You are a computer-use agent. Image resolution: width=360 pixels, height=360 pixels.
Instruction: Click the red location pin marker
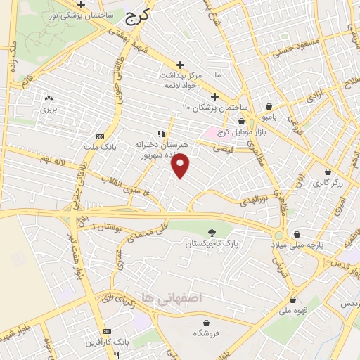tap(181, 165)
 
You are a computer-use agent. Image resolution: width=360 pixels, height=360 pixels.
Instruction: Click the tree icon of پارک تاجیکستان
tap(212, 232)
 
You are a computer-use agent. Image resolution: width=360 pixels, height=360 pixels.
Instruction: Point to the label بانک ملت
tap(99, 146)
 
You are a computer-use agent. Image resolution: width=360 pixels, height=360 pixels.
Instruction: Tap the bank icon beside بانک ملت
tap(99, 136)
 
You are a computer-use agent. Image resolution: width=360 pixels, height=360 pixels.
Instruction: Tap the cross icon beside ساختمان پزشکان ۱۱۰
tap(214, 96)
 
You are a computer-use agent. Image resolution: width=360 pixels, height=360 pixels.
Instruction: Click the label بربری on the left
tap(48, 110)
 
